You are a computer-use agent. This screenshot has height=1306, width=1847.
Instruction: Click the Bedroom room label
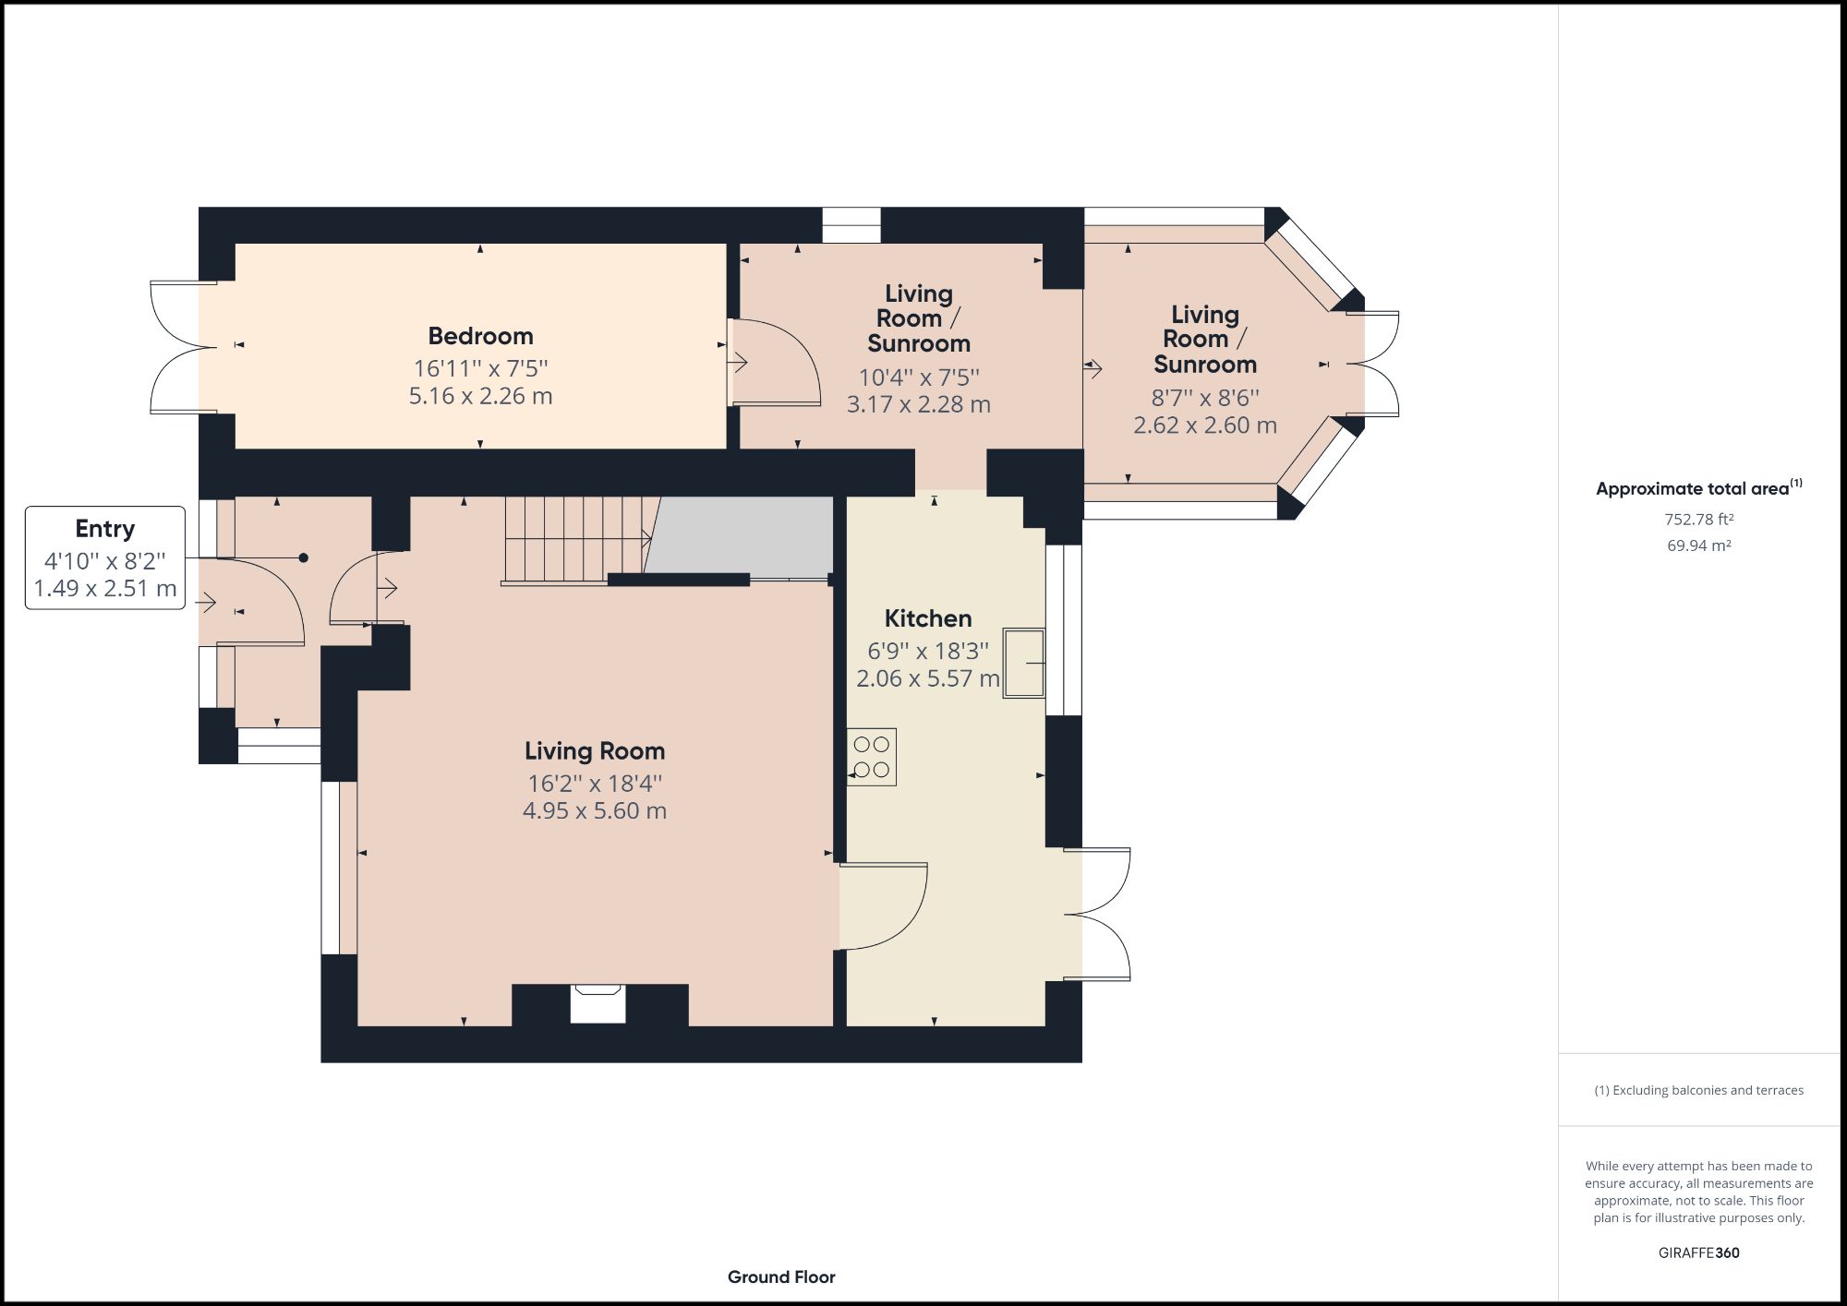click(480, 336)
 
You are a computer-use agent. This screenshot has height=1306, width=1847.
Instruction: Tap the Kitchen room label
click(927, 618)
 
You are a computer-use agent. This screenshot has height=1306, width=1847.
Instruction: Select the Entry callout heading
click(104, 529)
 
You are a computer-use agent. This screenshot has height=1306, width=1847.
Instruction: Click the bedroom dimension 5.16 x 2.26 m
click(480, 396)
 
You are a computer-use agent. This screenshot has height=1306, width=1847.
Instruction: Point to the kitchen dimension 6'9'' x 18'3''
click(927, 651)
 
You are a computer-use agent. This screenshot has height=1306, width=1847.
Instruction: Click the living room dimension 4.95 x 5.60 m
click(594, 811)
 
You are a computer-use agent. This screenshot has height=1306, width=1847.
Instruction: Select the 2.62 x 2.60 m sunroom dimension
click(1204, 425)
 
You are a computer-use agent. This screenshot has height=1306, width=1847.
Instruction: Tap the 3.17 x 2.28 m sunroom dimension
click(918, 404)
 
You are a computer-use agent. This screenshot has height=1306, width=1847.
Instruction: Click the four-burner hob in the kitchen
click(872, 757)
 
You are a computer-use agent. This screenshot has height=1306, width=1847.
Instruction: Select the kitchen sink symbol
click(1024, 663)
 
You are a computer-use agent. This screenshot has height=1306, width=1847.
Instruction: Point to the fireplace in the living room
click(598, 1004)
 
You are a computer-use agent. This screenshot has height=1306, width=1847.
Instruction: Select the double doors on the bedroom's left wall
click(180, 347)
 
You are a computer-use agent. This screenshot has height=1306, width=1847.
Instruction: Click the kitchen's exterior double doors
click(1099, 914)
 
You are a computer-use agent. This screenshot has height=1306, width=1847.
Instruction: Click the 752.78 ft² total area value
click(1698, 520)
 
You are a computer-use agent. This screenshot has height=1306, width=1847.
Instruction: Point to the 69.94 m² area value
click(1698, 545)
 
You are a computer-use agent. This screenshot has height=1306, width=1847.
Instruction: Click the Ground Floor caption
click(781, 1277)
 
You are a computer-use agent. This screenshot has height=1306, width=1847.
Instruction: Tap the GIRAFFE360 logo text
click(1698, 1252)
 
